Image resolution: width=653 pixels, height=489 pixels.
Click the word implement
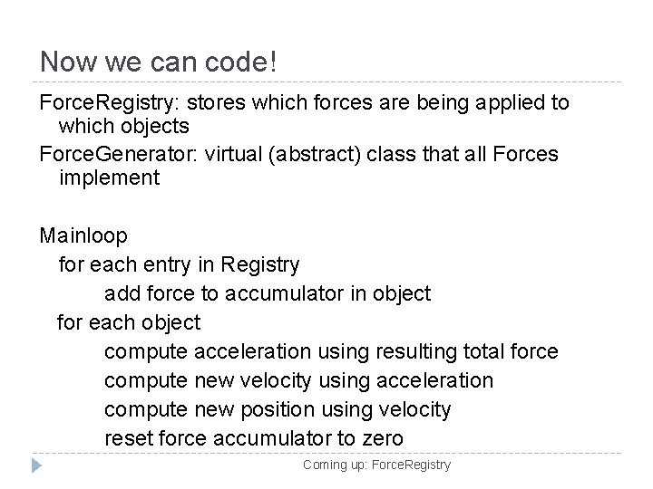coord(109,178)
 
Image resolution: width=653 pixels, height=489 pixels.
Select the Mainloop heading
coord(83,235)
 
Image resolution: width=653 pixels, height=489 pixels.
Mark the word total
coord(489,351)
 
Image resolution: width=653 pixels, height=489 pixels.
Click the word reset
coord(129,438)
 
